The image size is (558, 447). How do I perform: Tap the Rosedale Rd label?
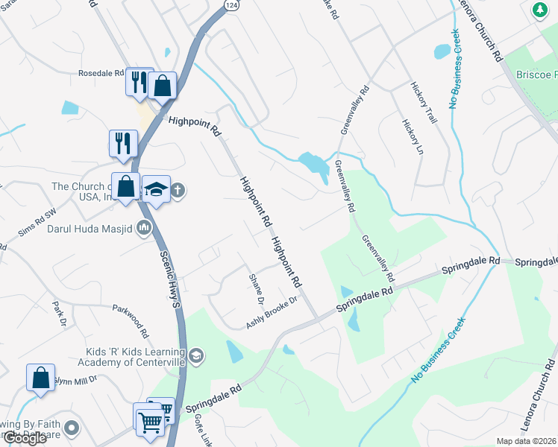click(101, 74)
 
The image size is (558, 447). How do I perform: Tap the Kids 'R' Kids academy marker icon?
click(195, 356)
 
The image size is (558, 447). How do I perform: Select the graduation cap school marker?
click(156, 189)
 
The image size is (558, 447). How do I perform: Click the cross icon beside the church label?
click(178, 190)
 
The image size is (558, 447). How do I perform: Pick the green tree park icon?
click(539, 10)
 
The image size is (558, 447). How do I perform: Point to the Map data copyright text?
click(526, 441)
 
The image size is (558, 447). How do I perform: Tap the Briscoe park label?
click(536, 74)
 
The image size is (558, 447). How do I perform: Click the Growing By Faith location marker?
click(72, 428)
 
